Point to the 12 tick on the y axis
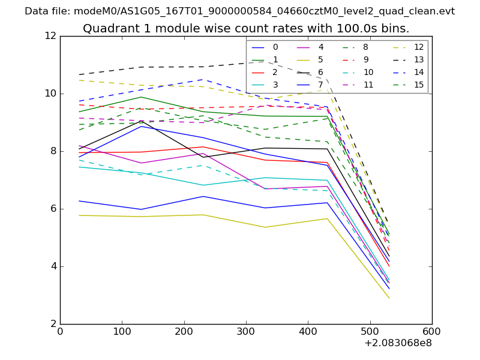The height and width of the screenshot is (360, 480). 50,36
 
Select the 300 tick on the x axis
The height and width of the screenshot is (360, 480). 246,331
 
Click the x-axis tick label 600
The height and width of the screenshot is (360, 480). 432,331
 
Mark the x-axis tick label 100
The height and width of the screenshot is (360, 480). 122,331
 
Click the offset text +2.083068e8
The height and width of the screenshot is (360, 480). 398,344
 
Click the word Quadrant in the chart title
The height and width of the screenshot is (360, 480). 106,29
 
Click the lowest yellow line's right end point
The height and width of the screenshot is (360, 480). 389,298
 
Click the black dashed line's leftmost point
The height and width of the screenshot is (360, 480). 79,75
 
